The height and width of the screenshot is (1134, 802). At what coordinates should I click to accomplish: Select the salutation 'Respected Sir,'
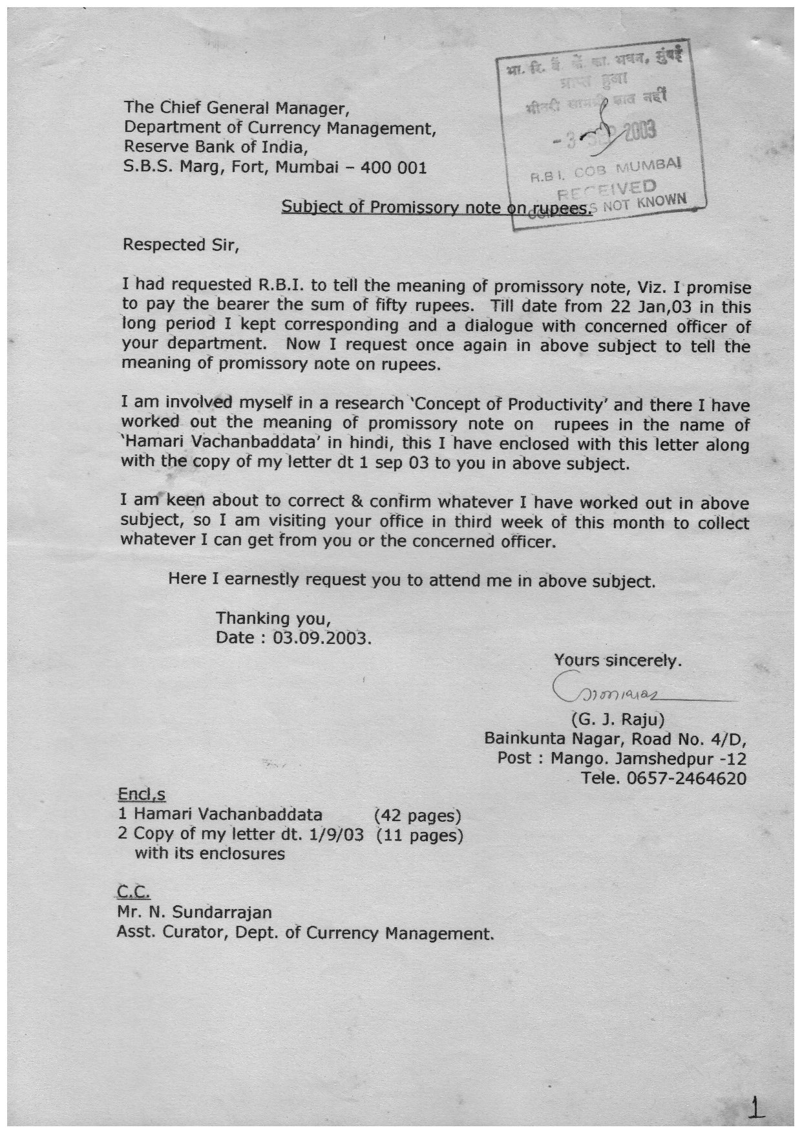[x=180, y=245]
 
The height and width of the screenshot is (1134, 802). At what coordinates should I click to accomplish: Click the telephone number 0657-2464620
[x=686, y=778]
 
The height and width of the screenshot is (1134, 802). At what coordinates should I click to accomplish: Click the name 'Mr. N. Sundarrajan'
[x=195, y=912]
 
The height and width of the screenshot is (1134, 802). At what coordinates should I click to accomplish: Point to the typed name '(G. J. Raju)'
[x=613, y=719]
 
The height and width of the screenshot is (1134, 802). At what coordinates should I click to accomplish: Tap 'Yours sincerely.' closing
[x=618, y=661]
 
